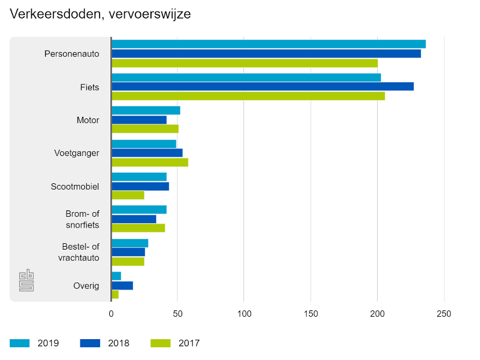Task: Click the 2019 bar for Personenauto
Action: [x=268, y=44]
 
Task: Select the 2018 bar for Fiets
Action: [x=263, y=87]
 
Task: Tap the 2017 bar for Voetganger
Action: [x=150, y=162]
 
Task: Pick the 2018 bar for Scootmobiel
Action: [x=140, y=186]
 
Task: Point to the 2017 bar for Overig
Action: [x=115, y=295]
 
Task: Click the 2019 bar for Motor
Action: [x=146, y=110]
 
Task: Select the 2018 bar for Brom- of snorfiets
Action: [x=134, y=219]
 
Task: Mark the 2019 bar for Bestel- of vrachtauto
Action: [x=130, y=243]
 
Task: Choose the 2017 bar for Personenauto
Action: [x=244, y=63]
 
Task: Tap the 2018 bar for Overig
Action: [x=122, y=285]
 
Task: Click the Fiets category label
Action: [x=90, y=87]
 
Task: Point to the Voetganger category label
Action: [x=76, y=153]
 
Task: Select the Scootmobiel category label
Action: [x=75, y=187]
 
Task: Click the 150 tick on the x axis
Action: [x=311, y=314]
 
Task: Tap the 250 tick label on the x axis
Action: [x=444, y=314]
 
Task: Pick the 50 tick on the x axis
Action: [x=178, y=314]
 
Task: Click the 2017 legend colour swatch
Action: [x=160, y=343]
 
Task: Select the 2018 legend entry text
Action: [x=119, y=343]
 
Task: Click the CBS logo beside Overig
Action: [x=27, y=280]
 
